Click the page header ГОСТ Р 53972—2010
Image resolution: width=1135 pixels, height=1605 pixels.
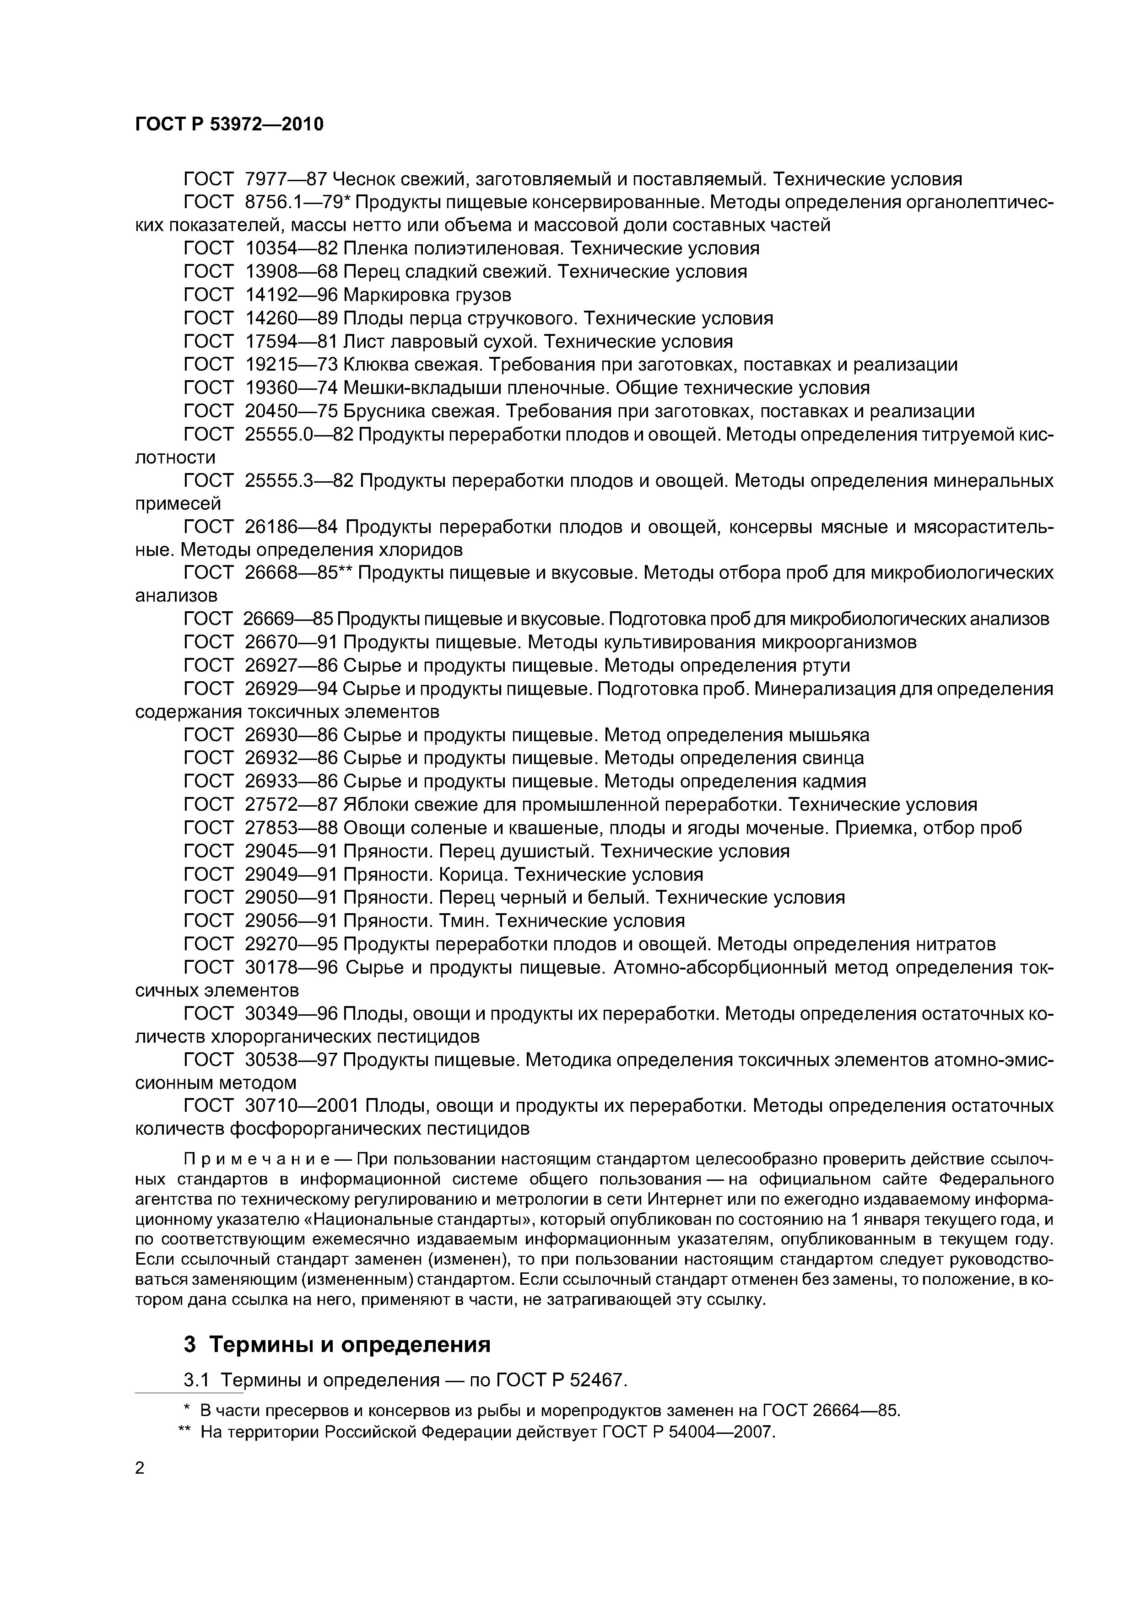[229, 124]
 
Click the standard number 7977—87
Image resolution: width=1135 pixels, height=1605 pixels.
[286, 180]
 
